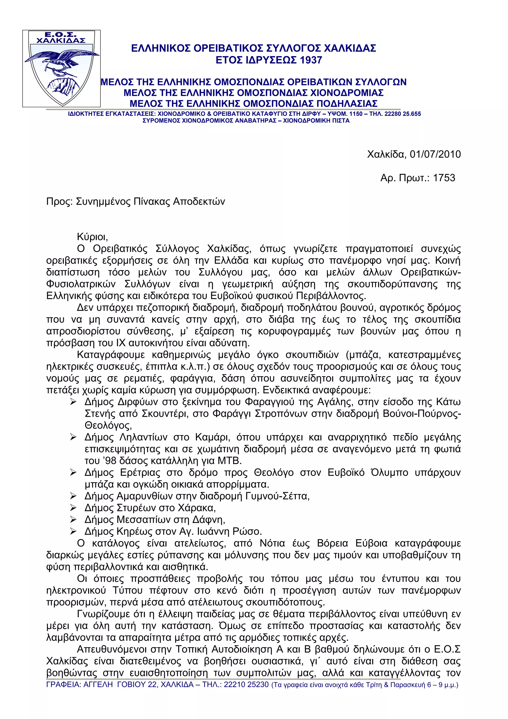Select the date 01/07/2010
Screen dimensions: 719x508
click(x=435, y=154)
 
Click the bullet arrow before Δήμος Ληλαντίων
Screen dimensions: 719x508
click(x=73, y=437)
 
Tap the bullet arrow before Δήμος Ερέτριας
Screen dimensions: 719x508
click(x=73, y=473)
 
